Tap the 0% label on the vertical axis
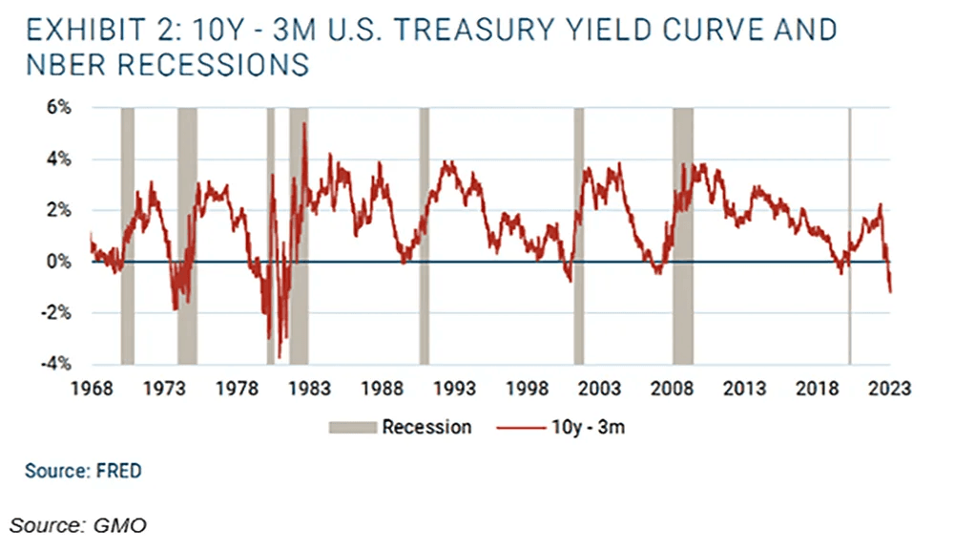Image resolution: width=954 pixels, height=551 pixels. [x=58, y=262]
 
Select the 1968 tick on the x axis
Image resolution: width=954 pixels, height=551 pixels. [x=93, y=389]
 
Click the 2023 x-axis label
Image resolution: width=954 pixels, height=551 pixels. [x=889, y=389]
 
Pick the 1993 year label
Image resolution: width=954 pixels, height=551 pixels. [x=454, y=389]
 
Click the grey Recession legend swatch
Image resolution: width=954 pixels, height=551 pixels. [x=351, y=427]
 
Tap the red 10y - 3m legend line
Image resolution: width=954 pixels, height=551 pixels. [x=519, y=427]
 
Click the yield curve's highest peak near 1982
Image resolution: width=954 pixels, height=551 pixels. [x=304, y=124]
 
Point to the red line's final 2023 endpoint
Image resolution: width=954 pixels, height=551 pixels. [x=890, y=292]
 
